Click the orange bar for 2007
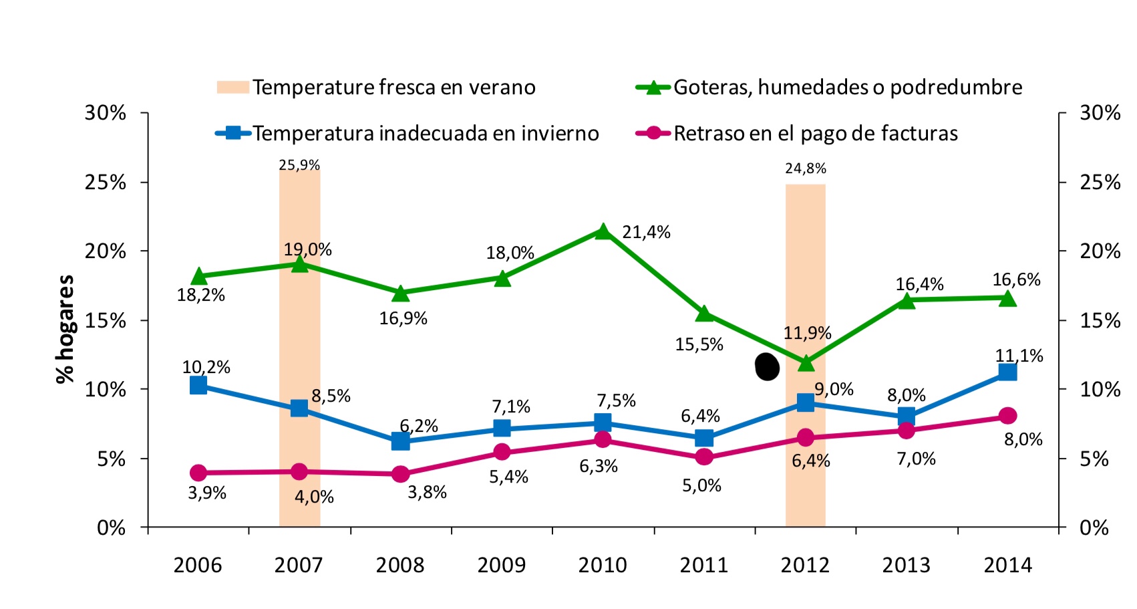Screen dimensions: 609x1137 (299, 348)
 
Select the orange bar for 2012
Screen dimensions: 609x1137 (805, 354)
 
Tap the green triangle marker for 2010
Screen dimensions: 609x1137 (603, 232)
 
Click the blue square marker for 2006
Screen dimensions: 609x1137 (198, 385)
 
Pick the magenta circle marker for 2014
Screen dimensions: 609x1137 (1007, 416)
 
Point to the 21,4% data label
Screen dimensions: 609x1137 (646, 232)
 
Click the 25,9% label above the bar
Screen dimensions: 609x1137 (299, 164)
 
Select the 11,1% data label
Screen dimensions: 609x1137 (1019, 356)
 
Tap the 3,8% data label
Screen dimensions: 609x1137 (427, 492)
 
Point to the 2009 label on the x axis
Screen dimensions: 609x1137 (501, 565)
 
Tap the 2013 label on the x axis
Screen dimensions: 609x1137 (906, 565)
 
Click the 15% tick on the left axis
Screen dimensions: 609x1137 (105, 320)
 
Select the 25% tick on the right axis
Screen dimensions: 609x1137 (1100, 182)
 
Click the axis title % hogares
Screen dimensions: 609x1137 (65, 329)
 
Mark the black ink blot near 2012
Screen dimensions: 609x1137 (767, 366)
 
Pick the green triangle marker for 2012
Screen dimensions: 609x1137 (806, 363)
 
